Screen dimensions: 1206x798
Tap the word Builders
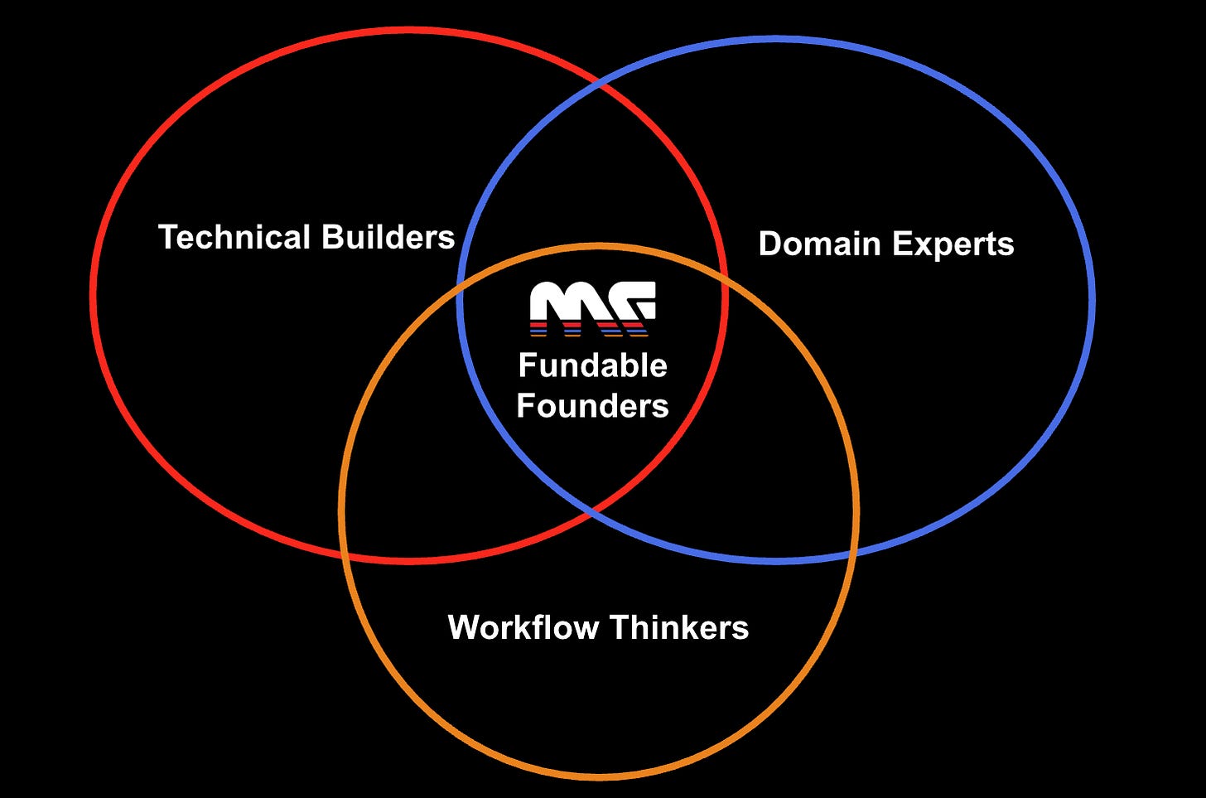(388, 237)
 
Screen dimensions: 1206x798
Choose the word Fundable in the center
(593, 365)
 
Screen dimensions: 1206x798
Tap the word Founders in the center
(593, 406)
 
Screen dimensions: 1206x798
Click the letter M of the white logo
(562, 303)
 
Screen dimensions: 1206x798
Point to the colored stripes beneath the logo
(590, 329)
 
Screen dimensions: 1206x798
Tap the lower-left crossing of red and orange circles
(347, 554)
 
